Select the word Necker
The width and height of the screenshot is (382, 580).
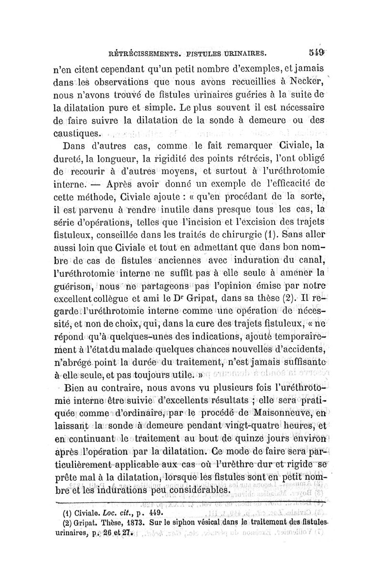click(x=306, y=79)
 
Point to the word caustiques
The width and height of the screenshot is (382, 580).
click(x=76, y=130)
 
